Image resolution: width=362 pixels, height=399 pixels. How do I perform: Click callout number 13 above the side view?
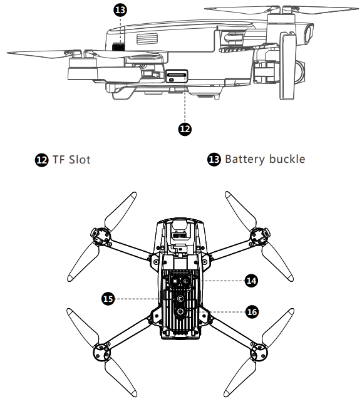[120, 10]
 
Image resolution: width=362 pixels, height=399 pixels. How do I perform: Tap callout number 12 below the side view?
[185, 129]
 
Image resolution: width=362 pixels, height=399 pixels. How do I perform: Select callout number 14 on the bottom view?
[251, 281]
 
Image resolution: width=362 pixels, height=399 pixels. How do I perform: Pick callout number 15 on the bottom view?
[108, 299]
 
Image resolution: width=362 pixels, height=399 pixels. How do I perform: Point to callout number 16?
[252, 312]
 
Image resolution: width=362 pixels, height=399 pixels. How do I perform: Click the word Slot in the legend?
[80, 160]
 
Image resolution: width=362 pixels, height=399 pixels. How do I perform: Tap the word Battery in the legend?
[246, 160]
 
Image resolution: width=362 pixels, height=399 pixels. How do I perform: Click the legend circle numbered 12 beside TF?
[41, 160]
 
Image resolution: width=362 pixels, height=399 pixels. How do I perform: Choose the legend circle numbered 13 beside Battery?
[214, 160]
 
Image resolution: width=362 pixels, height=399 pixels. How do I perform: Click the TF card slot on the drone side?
[177, 76]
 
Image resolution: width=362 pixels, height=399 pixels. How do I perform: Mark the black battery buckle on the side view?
[118, 47]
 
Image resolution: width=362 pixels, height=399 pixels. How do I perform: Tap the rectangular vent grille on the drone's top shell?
[147, 39]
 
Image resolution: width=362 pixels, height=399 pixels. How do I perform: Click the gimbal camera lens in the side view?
[309, 33]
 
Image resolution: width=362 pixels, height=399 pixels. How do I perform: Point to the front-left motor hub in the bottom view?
[101, 236]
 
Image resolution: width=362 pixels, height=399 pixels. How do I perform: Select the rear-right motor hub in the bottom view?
[259, 353]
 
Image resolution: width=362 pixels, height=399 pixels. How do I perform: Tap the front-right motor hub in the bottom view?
[260, 236]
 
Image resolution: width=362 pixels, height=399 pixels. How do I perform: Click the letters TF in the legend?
[58, 160]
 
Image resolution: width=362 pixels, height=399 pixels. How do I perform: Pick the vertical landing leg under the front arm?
[288, 66]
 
